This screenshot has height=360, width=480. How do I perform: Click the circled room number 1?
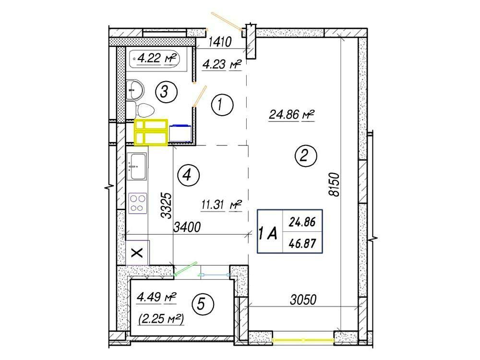point(222,105)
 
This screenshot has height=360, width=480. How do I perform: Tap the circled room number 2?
point(305,156)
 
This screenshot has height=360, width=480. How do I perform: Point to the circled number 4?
point(189,175)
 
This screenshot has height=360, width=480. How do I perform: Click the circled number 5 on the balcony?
point(203,304)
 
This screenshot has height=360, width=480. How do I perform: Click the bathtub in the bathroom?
point(154,59)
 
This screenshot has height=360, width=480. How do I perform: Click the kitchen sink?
point(137,167)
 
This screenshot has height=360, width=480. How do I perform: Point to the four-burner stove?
point(137,203)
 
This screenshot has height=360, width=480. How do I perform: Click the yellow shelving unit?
point(151,132)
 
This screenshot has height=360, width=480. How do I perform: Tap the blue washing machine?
point(180,133)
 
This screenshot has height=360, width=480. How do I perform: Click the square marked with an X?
point(137,253)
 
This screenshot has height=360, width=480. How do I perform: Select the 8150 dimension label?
point(334,184)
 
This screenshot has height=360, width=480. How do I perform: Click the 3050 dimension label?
point(303,300)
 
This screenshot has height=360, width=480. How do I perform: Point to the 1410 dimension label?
point(220,41)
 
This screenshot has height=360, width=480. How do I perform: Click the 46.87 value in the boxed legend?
point(302,244)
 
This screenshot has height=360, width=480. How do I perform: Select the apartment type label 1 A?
point(268,234)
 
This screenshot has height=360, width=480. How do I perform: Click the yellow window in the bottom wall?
point(303,340)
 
